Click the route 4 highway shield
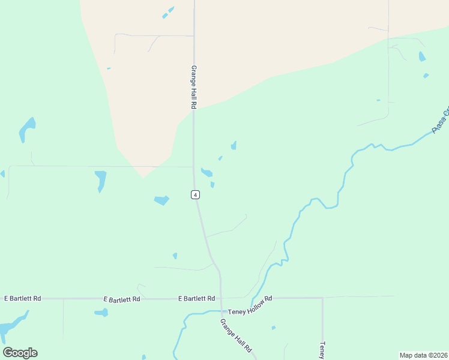[x=195, y=194]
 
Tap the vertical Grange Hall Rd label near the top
[x=194, y=87]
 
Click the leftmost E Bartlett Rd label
[x=23, y=298]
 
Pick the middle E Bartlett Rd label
[x=122, y=299]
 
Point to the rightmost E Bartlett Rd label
[x=197, y=298]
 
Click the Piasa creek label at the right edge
[x=440, y=120]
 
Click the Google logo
[x=20, y=352]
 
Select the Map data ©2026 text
[x=423, y=355]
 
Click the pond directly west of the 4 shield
[x=161, y=200]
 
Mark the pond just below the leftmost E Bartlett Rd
[x=101, y=313]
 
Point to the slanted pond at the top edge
[x=168, y=13]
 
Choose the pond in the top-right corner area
[x=422, y=56]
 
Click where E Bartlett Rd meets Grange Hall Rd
[x=221, y=298]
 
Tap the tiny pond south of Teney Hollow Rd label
[x=273, y=328]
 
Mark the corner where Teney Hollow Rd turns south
[x=322, y=298]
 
